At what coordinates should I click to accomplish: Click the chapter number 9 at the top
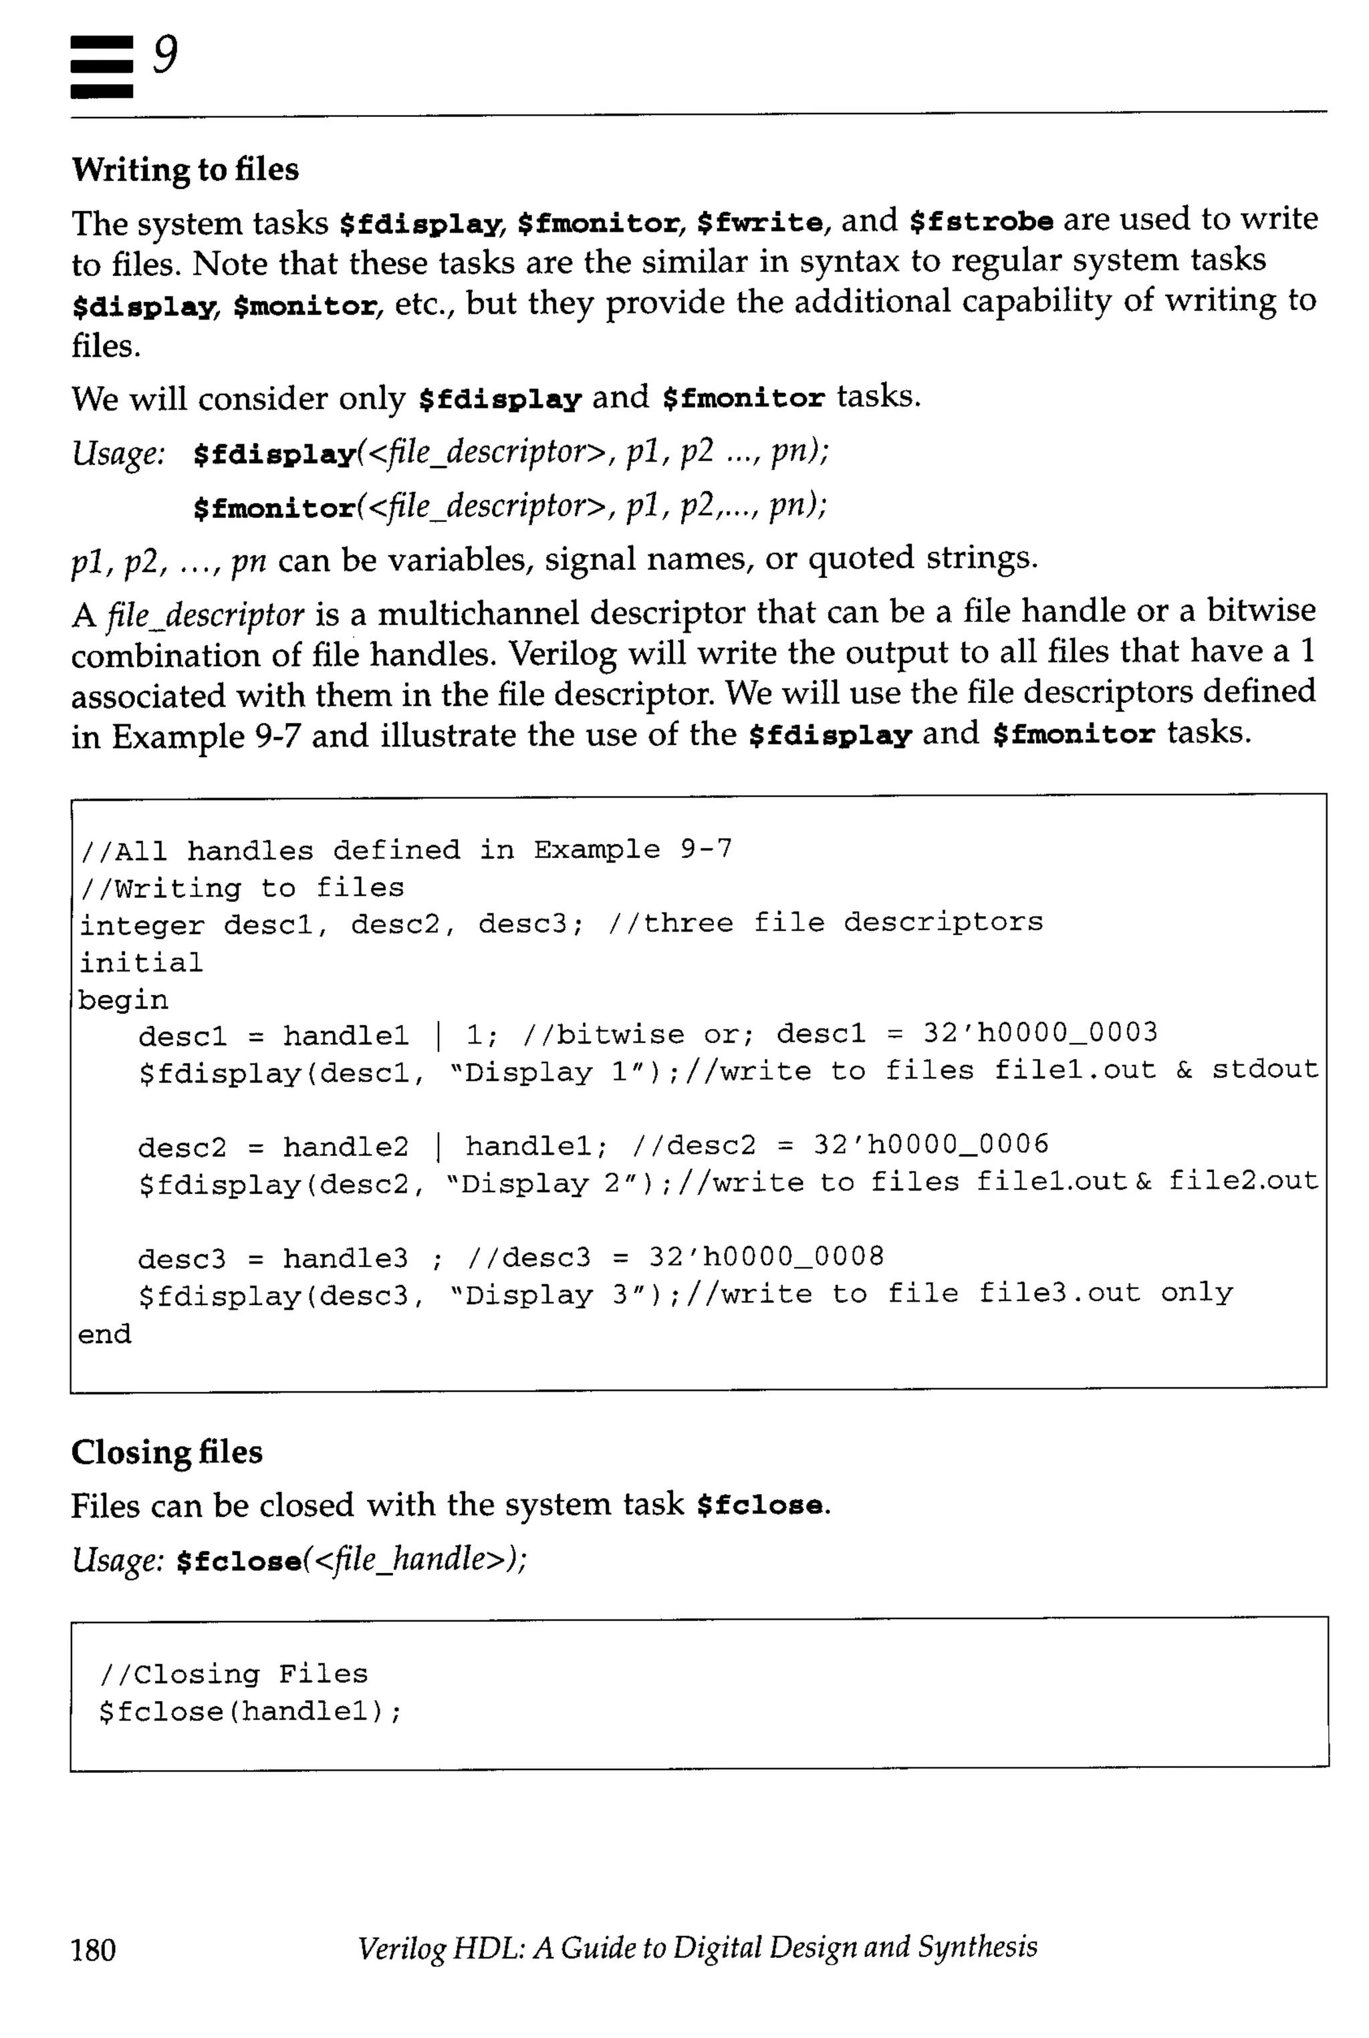point(165,56)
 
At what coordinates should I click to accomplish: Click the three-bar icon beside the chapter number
point(102,66)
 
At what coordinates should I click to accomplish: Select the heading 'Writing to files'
point(185,169)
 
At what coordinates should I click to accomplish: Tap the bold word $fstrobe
point(981,222)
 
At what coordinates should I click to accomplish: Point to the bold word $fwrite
point(759,223)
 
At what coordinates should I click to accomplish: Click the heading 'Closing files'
point(166,1451)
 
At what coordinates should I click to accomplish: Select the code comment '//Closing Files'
point(234,1673)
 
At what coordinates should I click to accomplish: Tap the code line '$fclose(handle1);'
point(251,1711)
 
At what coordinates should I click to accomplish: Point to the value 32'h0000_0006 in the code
point(930,1144)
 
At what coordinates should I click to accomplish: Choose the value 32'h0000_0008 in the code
point(765,1257)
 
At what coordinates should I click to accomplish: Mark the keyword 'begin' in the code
point(123,1000)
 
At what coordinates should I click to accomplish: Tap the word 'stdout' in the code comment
point(1264,1069)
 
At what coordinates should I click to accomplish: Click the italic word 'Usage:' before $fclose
point(118,1559)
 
